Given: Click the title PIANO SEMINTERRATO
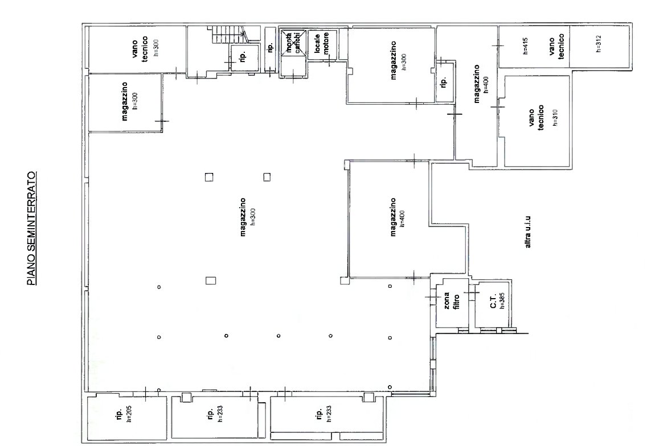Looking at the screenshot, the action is point(31,228).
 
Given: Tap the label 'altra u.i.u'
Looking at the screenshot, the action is point(528,233).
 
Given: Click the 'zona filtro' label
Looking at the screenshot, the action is point(452,302).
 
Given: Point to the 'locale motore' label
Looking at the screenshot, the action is point(321,43).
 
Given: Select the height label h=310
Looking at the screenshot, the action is point(555,117).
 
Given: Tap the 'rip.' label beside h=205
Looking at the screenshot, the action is point(119,415).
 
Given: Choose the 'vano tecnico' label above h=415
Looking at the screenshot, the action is point(556,47).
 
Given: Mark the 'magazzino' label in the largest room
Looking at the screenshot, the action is point(243,217).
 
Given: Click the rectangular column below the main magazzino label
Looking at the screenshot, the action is point(211,280).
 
